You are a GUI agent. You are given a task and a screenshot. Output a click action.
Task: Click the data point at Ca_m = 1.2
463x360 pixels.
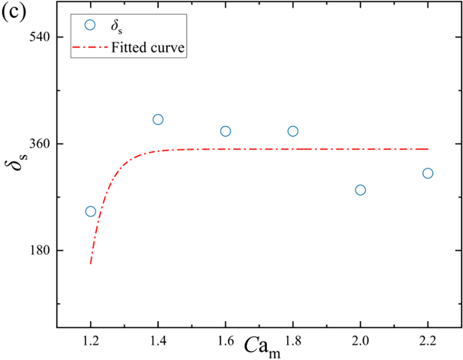point(90,212)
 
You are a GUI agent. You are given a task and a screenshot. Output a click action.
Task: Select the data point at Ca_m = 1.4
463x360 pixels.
point(158,119)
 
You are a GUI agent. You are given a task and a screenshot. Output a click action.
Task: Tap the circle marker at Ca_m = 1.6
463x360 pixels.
point(225,131)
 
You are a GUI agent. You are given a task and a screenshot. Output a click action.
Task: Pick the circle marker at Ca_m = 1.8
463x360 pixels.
point(293,131)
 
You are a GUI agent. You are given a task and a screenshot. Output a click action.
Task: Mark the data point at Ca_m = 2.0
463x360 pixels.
point(360,190)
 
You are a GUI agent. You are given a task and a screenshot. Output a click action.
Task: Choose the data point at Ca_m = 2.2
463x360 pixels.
point(428,173)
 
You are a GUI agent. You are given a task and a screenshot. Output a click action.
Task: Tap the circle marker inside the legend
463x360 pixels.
point(89,25)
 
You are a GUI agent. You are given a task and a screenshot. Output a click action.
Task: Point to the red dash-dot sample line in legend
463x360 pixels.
point(89,48)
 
